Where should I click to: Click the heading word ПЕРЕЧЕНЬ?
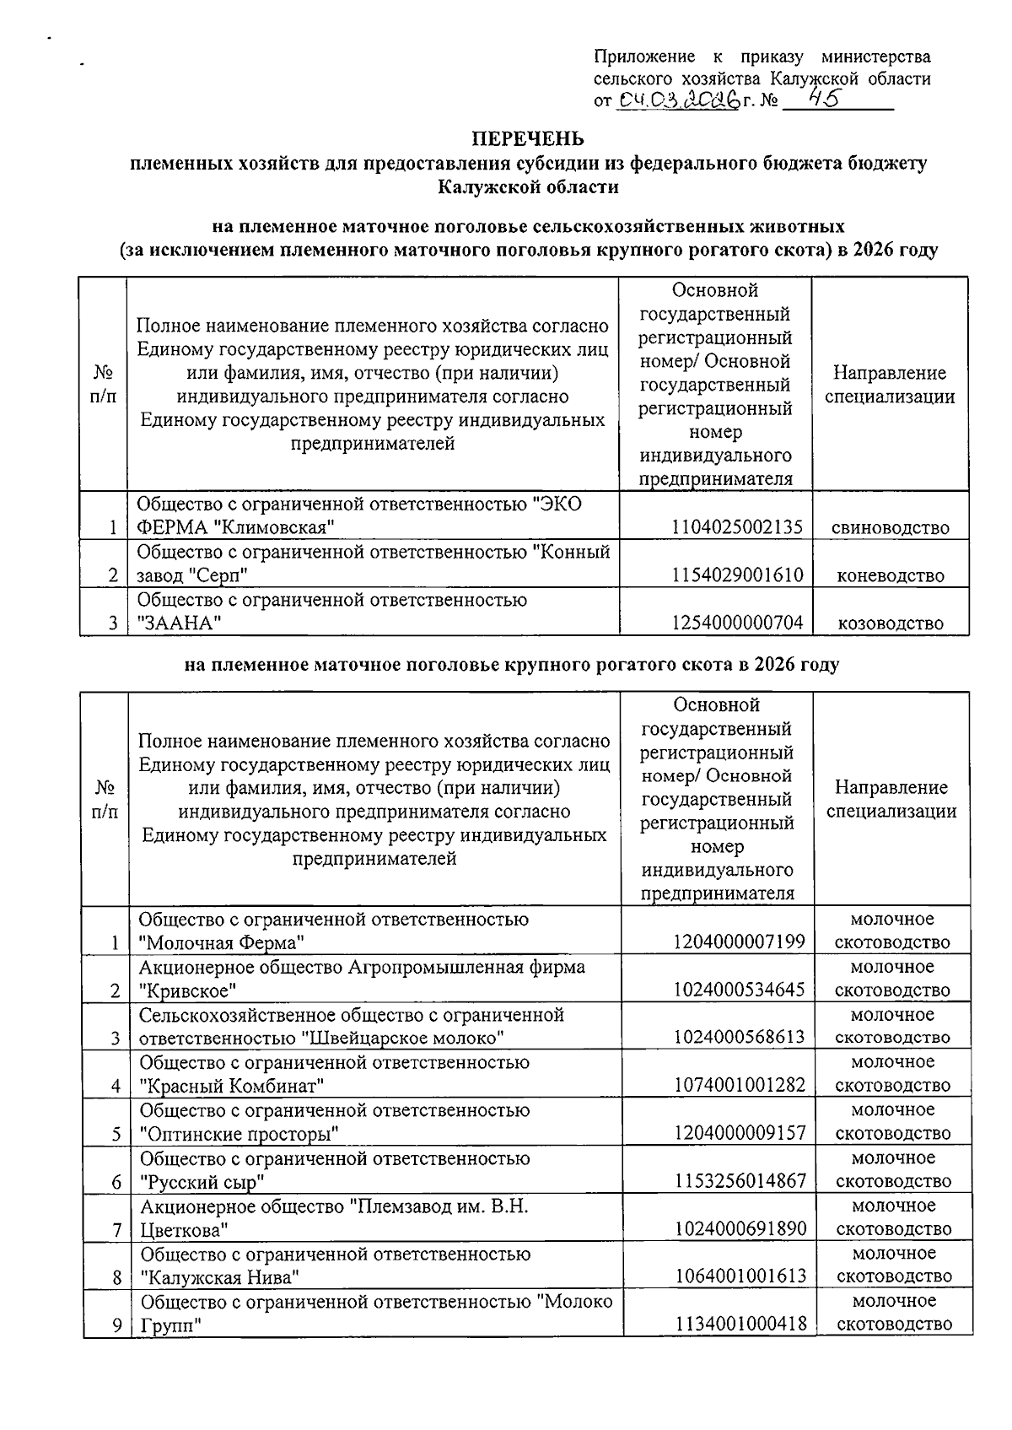click(527, 138)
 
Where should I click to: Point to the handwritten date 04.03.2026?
click(677, 101)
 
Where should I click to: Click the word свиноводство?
click(890, 528)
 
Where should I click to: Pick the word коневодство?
click(890, 576)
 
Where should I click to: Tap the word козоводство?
click(890, 623)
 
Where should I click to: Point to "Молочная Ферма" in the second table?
click(221, 942)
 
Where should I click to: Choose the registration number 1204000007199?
click(739, 942)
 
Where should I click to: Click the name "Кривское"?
click(187, 990)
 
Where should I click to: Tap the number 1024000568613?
click(739, 1038)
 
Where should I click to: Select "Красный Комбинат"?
click(232, 1086)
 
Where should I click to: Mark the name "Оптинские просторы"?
click(239, 1133)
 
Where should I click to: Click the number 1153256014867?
click(739, 1181)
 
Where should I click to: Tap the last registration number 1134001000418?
click(739, 1325)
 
